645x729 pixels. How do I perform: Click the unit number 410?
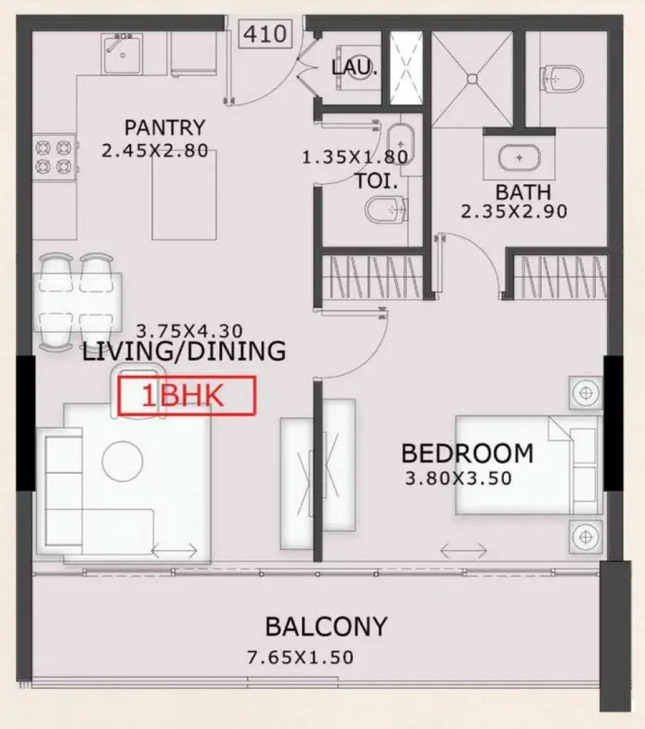coord(265,34)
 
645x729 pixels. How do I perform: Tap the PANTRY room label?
coord(164,127)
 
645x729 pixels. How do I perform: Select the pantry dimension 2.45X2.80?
coord(155,150)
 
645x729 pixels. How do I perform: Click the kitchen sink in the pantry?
coord(122,54)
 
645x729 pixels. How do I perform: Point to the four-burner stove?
coord(54,157)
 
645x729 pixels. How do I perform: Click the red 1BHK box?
coord(187,396)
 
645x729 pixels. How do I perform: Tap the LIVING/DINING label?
coord(184,351)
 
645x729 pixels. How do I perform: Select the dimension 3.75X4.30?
coord(189,331)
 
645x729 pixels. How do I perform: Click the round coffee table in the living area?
coord(123,461)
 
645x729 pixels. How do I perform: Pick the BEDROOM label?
coord(467,453)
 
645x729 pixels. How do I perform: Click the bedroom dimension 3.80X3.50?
coord(458,478)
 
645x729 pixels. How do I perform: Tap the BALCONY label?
coord(326,626)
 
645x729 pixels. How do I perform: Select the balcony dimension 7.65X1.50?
coord(300,657)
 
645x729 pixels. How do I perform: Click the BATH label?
coord(522,192)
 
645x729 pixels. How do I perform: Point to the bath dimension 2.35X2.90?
coord(514,211)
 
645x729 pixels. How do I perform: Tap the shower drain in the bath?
coord(473,79)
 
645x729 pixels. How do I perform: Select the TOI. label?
coord(376,181)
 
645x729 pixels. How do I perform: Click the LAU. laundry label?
coord(354,68)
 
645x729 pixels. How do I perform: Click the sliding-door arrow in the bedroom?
coord(464,551)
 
